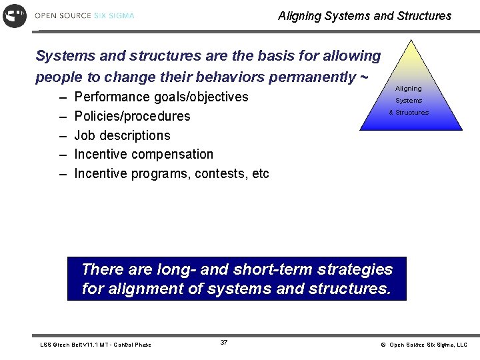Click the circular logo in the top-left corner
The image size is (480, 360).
pos(15,15)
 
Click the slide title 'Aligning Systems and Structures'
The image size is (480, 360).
pos(364,15)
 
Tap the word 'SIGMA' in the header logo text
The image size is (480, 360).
pos(122,15)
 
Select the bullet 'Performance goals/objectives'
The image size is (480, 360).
pos(161,97)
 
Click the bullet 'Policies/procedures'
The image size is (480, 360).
pos(132,116)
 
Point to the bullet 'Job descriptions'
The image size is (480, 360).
pos(122,135)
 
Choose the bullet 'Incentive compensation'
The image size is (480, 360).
pos(143,154)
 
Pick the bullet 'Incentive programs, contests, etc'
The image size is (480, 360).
pos(171,173)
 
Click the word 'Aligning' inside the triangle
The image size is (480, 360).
pos(408,89)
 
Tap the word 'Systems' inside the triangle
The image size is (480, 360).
pos(408,101)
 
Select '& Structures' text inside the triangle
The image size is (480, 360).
pos(409,113)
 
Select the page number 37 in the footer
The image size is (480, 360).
pos(224,343)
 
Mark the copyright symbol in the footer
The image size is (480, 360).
pos(383,345)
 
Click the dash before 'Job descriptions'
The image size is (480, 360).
pos(62,135)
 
